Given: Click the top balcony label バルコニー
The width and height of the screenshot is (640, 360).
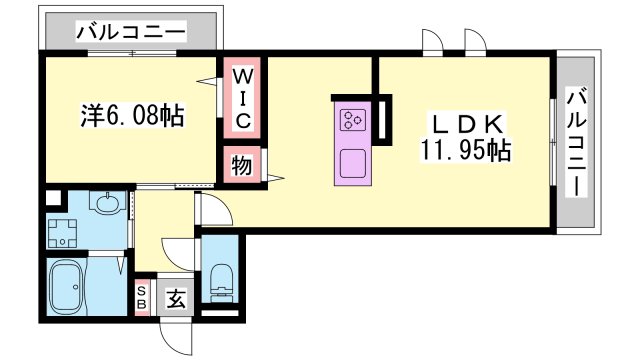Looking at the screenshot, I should click(x=130, y=32).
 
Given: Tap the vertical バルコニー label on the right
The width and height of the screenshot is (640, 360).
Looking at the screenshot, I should click(x=577, y=142).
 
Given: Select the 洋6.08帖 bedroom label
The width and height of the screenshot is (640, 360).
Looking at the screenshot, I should click(x=132, y=116).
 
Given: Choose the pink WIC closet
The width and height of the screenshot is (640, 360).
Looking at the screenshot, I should click(x=243, y=98).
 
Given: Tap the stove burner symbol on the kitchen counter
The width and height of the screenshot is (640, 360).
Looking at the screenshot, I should click(x=352, y=121).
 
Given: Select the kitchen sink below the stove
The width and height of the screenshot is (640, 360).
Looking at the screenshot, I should click(x=352, y=163).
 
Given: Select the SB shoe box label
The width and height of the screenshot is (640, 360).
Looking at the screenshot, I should click(x=142, y=296).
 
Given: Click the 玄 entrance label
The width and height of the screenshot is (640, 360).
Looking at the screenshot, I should click(x=175, y=297).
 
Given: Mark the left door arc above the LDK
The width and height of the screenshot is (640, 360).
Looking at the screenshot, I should click(x=433, y=42).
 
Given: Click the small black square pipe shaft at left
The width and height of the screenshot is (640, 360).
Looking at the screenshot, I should click(x=52, y=198).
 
